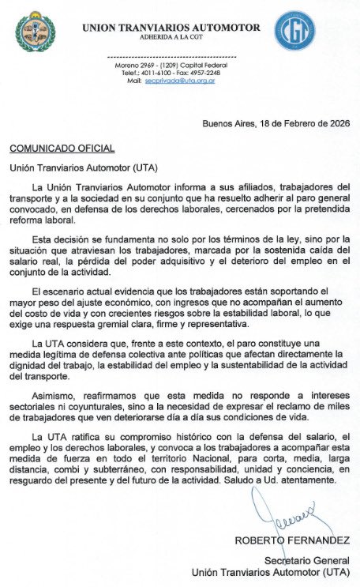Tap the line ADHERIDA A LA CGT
pyautogui.click(x=171, y=37)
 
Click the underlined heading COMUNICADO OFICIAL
pyautogui.click(x=62, y=149)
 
